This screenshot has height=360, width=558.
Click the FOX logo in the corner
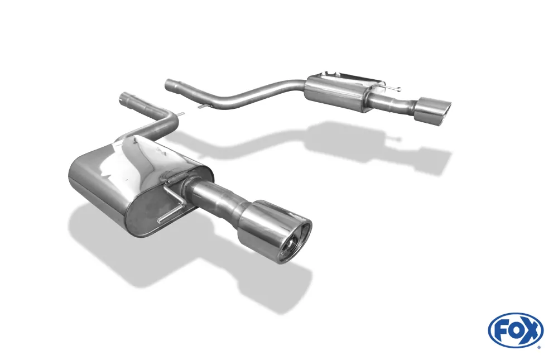515,330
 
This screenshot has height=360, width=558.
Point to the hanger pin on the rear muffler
393,88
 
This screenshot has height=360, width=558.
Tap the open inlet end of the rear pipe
168,85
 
